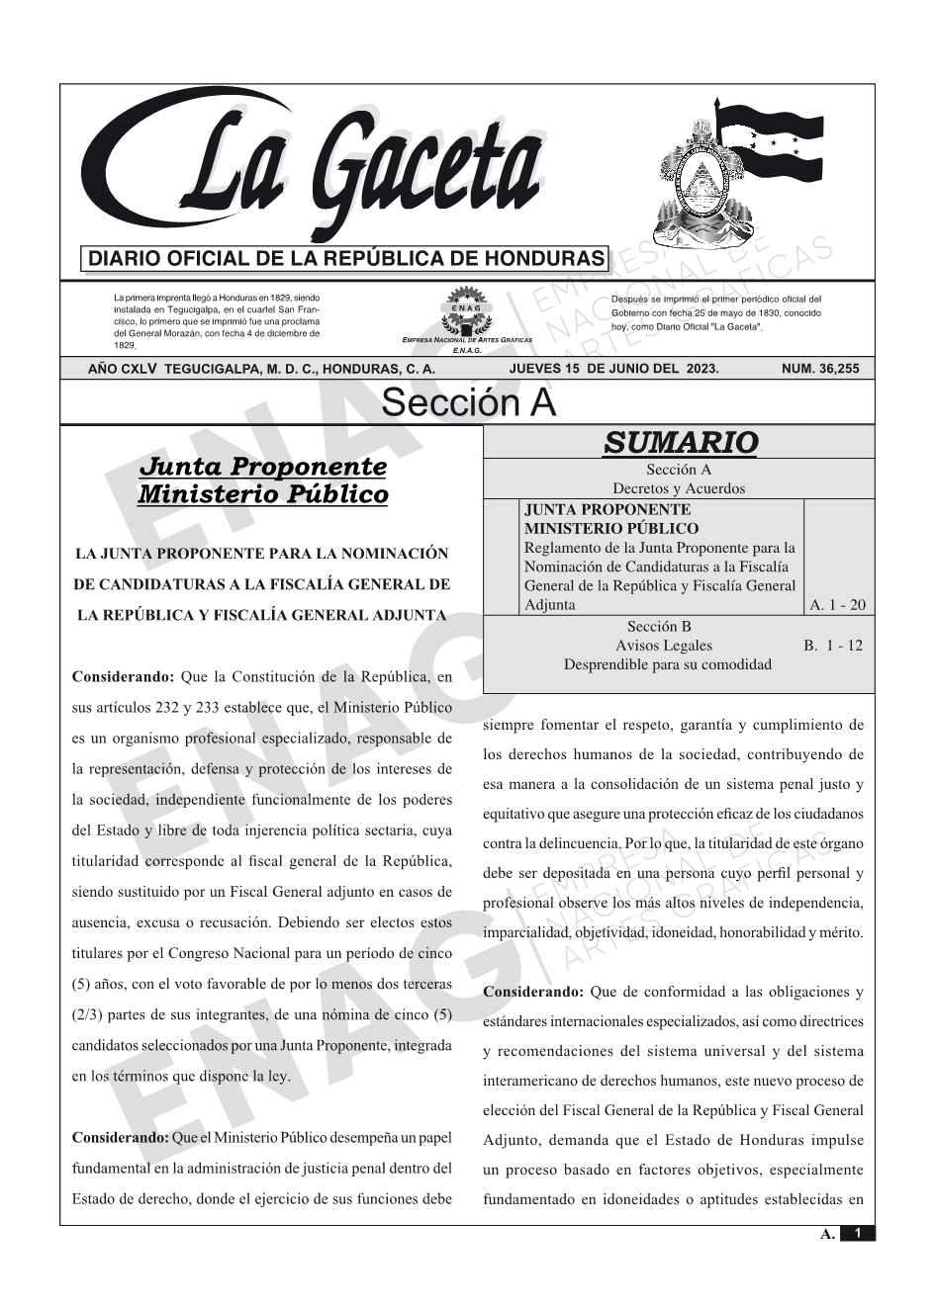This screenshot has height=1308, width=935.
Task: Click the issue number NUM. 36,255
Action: [x=820, y=369]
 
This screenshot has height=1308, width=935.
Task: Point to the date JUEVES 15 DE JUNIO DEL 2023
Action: [x=613, y=369]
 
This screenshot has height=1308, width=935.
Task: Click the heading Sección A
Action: [x=468, y=403]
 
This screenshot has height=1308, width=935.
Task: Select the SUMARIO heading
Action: [x=680, y=442]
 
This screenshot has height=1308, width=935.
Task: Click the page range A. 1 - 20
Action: [x=837, y=605]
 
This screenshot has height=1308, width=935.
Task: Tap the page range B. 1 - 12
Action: [x=833, y=646]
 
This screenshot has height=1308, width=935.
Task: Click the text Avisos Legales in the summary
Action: [x=663, y=646]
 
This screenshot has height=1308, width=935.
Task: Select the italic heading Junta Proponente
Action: [x=262, y=466]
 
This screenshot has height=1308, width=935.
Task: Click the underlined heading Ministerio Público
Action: [x=262, y=494]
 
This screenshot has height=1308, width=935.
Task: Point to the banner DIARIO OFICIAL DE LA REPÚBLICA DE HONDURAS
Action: [x=346, y=259]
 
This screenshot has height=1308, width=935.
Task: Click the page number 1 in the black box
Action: [x=858, y=1233]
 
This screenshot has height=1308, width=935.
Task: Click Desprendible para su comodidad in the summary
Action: [x=667, y=664]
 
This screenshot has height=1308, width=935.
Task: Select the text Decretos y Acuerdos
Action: [x=679, y=488]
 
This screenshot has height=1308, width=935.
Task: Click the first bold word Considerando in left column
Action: [x=123, y=677]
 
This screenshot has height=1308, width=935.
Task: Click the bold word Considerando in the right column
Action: [x=533, y=992]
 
